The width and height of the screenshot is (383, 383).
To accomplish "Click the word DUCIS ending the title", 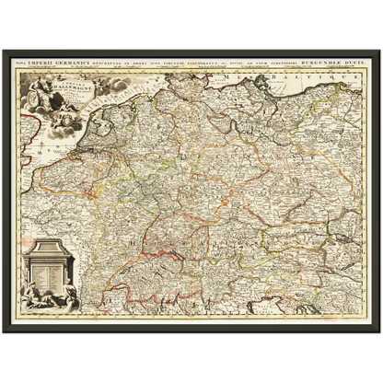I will coord(354,62).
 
